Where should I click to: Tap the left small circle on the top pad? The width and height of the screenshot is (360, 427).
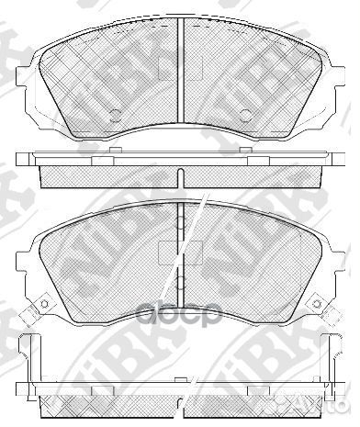pyautogui.click(x=116, y=116)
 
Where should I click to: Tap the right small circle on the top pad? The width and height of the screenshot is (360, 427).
pyautogui.click(x=245, y=116)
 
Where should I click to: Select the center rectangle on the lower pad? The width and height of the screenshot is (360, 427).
pyautogui.click(x=168, y=251)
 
